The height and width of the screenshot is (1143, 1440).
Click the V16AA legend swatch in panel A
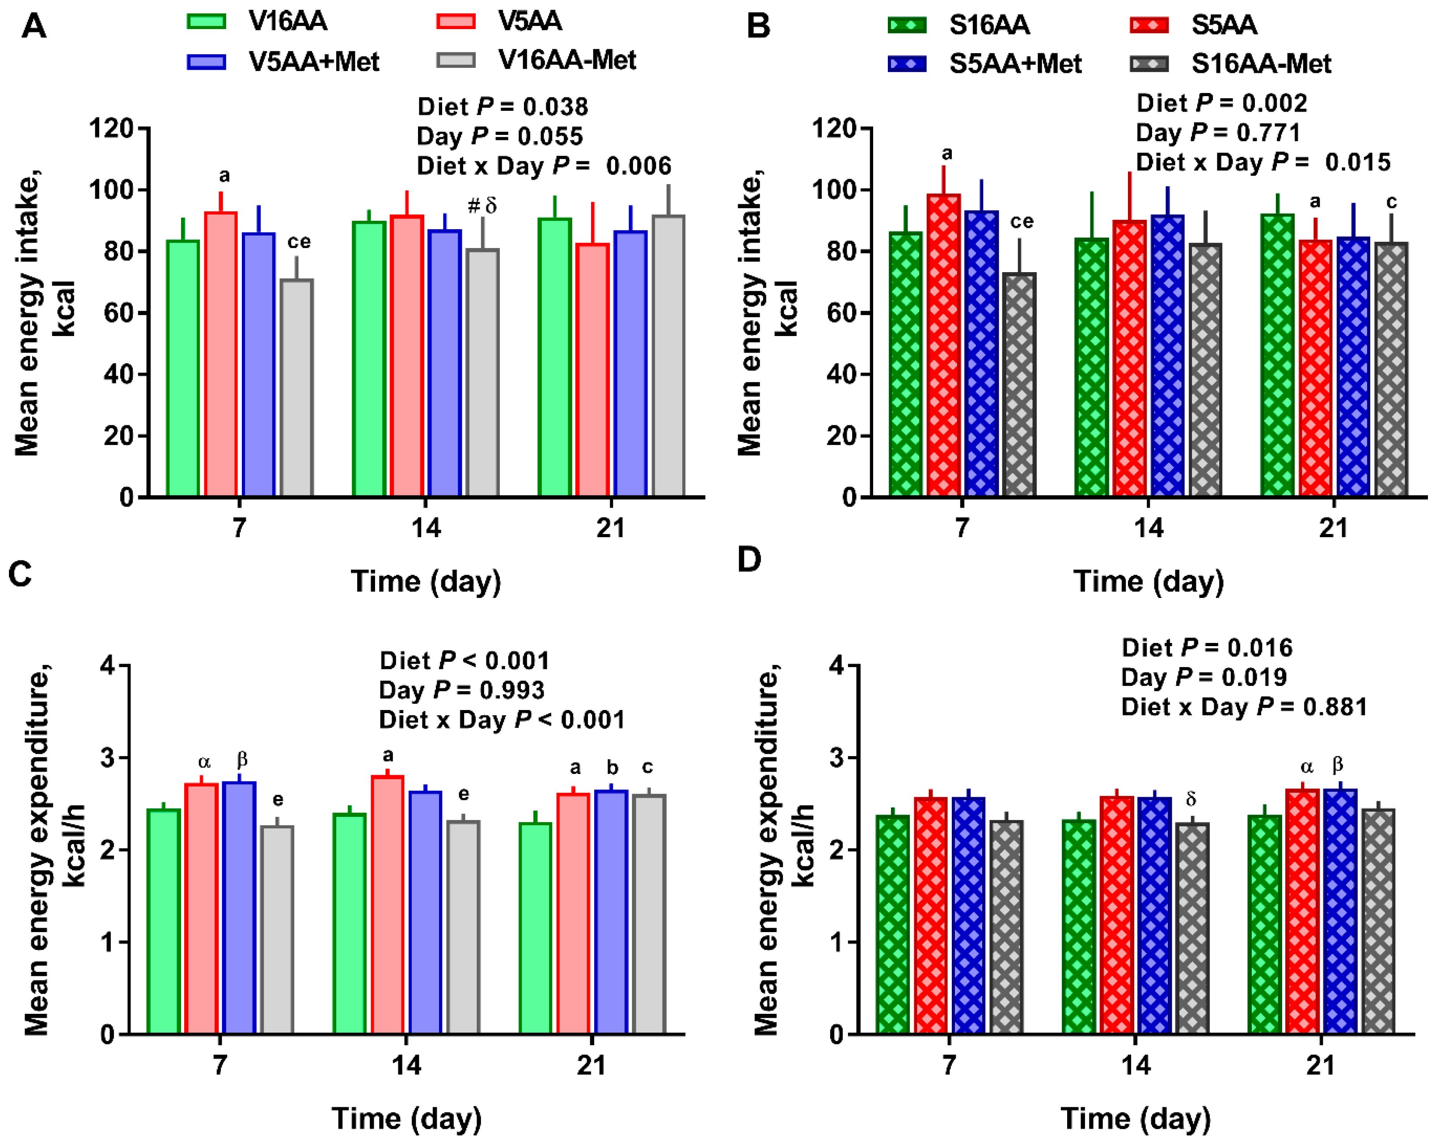click(207, 21)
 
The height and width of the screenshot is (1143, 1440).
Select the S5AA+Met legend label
click(1015, 64)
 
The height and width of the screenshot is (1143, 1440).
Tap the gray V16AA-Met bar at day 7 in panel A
click(296, 387)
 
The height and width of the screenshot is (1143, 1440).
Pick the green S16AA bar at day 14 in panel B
click(1091, 367)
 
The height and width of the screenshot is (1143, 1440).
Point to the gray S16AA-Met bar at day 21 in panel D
click(1378, 921)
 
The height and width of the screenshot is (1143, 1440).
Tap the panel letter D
click(749, 559)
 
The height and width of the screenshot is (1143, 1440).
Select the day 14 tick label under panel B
click(1148, 528)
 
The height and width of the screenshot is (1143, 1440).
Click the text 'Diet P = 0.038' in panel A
click(502, 107)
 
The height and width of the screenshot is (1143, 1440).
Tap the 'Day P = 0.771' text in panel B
click(1218, 133)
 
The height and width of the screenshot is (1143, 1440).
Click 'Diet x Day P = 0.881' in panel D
click(1244, 707)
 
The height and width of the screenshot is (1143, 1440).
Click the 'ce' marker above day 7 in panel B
click(1021, 222)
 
